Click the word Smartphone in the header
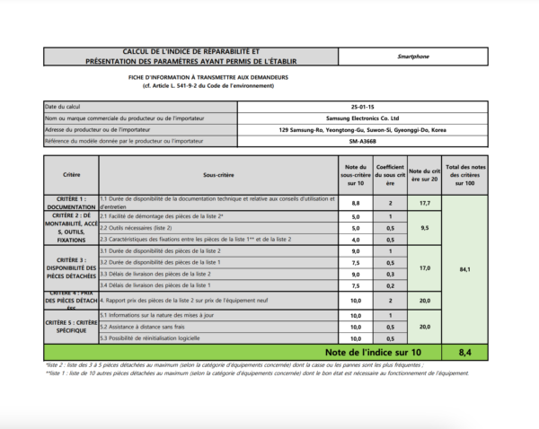pyautogui.click(x=413, y=57)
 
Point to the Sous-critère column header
pyautogui.click(x=206, y=173)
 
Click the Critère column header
pyautogui.click(x=71, y=173)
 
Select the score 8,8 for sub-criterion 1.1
pyautogui.click(x=355, y=204)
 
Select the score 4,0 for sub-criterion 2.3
pyautogui.click(x=355, y=240)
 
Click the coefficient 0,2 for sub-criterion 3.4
pyautogui.click(x=390, y=285)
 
